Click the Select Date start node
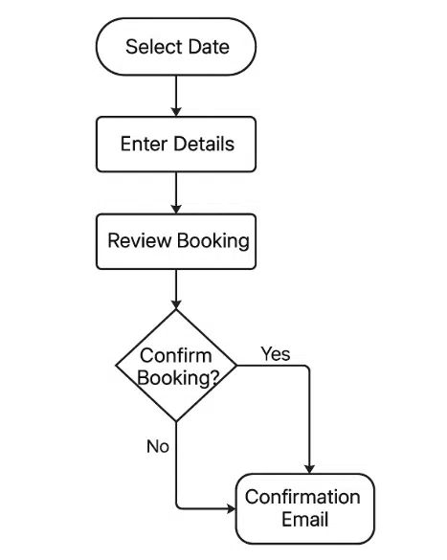tap(177, 46)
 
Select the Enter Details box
tap(177, 145)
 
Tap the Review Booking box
tap(177, 240)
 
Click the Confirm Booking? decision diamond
tap(177, 366)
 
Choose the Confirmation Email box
tap(304, 508)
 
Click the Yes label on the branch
tap(276, 354)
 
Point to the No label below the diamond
tap(158, 446)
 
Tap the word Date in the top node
tap(208, 46)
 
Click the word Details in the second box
tap(204, 145)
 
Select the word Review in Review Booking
tap(139, 240)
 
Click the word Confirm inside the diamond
tap(176, 356)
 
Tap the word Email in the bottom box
tap(304, 520)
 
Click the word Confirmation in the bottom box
tap(302, 497)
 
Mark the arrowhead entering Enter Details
tap(177, 111)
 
